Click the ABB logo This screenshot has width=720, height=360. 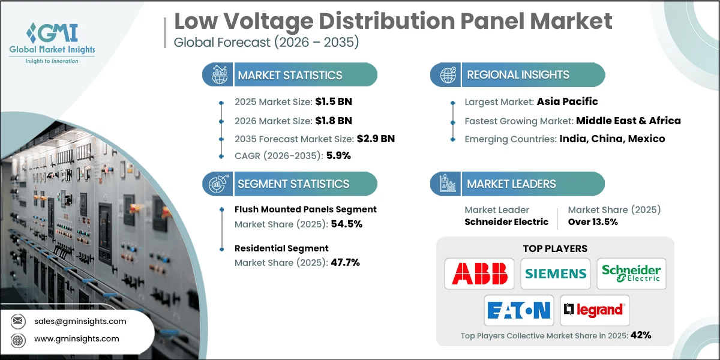coord(479,274)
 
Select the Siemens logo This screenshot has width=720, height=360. coord(556,274)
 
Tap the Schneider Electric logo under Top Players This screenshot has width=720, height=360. coord(631,274)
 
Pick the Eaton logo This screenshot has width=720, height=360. coord(518,310)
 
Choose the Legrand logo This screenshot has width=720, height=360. coord(594,310)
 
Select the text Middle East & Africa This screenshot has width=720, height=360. coord(628,121)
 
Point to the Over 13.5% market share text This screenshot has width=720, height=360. coord(593,222)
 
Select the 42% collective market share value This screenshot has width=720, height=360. coord(640,335)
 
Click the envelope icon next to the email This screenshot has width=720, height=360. coord(18,322)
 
